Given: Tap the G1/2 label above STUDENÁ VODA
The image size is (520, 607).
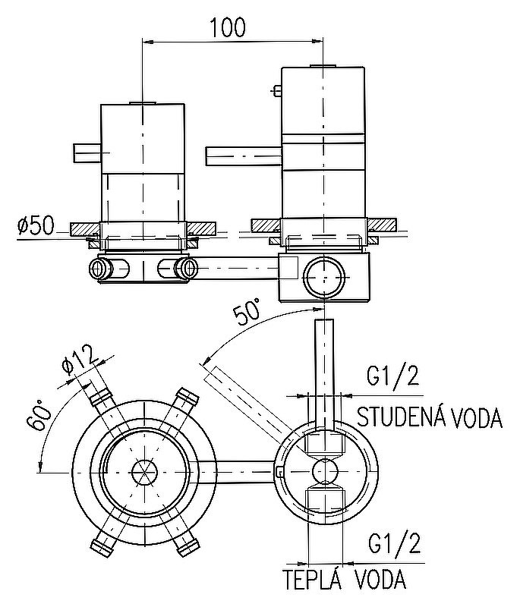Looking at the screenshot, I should (x=392, y=376).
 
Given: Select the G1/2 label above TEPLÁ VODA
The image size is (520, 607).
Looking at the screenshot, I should (x=392, y=543).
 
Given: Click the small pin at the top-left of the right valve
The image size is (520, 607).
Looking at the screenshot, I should (x=276, y=92).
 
